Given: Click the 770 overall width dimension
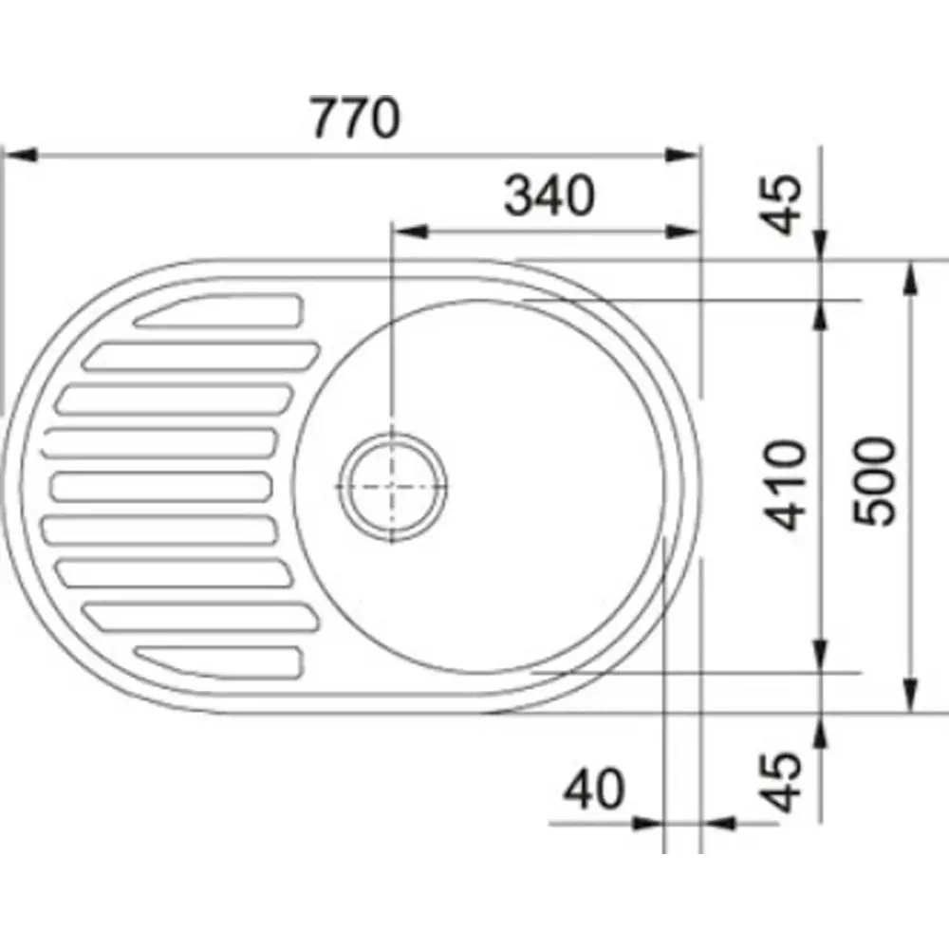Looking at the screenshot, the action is pyautogui.click(x=355, y=118).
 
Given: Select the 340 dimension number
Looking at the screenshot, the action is pyautogui.click(x=549, y=195).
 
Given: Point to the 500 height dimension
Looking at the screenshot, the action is pyautogui.click(x=873, y=481).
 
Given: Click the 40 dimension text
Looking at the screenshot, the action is pyautogui.click(x=592, y=790).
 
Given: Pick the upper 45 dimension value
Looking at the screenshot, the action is pyautogui.click(x=781, y=204).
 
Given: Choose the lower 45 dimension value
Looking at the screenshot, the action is pyautogui.click(x=781, y=782).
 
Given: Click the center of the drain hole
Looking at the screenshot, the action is pyautogui.click(x=393, y=487).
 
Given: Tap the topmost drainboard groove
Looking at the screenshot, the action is pyautogui.click(x=218, y=310).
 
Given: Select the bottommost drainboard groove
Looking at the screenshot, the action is pyautogui.click(x=218, y=661).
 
